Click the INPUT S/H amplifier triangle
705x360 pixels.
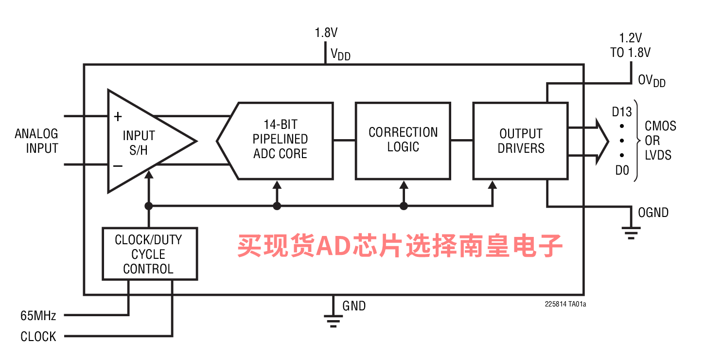click(141, 142)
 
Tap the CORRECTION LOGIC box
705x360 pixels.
click(403, 140)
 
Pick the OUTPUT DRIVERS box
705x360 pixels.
click(521, 141)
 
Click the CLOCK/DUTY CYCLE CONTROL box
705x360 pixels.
click(149, 254)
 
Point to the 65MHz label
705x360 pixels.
click(38, 316)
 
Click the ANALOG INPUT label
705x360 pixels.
click(37, 141)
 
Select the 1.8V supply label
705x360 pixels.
click(326, 33)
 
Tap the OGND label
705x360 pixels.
click(653, 213)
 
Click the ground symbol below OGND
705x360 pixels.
click(631, 233)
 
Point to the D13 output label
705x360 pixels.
click(622, 112)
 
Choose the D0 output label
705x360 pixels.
click(622, 170)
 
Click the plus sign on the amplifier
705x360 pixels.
click(118, 117)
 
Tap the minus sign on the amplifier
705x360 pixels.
click(118, 166)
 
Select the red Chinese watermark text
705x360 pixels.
click(400, 246)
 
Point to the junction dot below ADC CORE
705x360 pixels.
click(277, 206)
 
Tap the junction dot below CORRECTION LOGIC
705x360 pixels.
click(404, 206)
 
